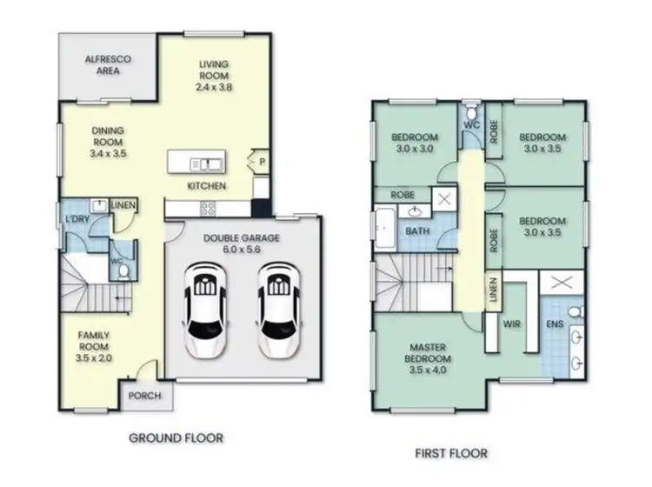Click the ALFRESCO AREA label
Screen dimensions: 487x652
coord(108,65)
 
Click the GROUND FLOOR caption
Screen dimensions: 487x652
coord(176,437)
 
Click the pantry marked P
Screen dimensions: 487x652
coord(261,162)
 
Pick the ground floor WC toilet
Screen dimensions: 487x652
coord(122,271)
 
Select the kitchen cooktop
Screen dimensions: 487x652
coord(209,207)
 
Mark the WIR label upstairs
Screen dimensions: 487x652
coord(512,323)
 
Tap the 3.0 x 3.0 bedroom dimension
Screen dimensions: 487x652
coord(413,150)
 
